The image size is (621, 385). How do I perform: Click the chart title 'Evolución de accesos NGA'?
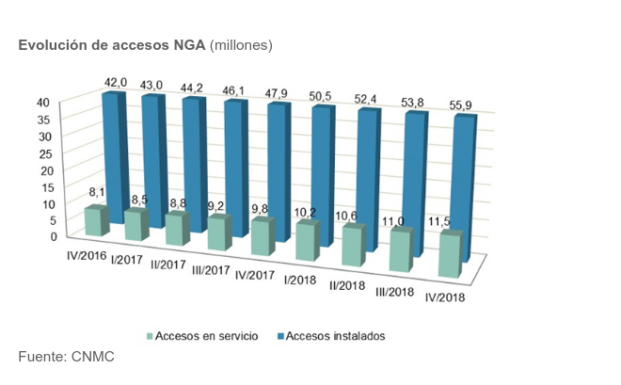click(112, 45)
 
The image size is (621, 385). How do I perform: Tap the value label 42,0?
click(115, 83)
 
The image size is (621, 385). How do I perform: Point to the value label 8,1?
click(97, 193)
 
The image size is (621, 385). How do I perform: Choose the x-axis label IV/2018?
click(449, 297)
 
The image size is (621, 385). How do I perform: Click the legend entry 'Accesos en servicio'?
click(206, 335)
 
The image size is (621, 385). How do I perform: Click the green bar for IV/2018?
click(451, 256)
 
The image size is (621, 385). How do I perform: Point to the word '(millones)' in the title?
click(241, 45)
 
